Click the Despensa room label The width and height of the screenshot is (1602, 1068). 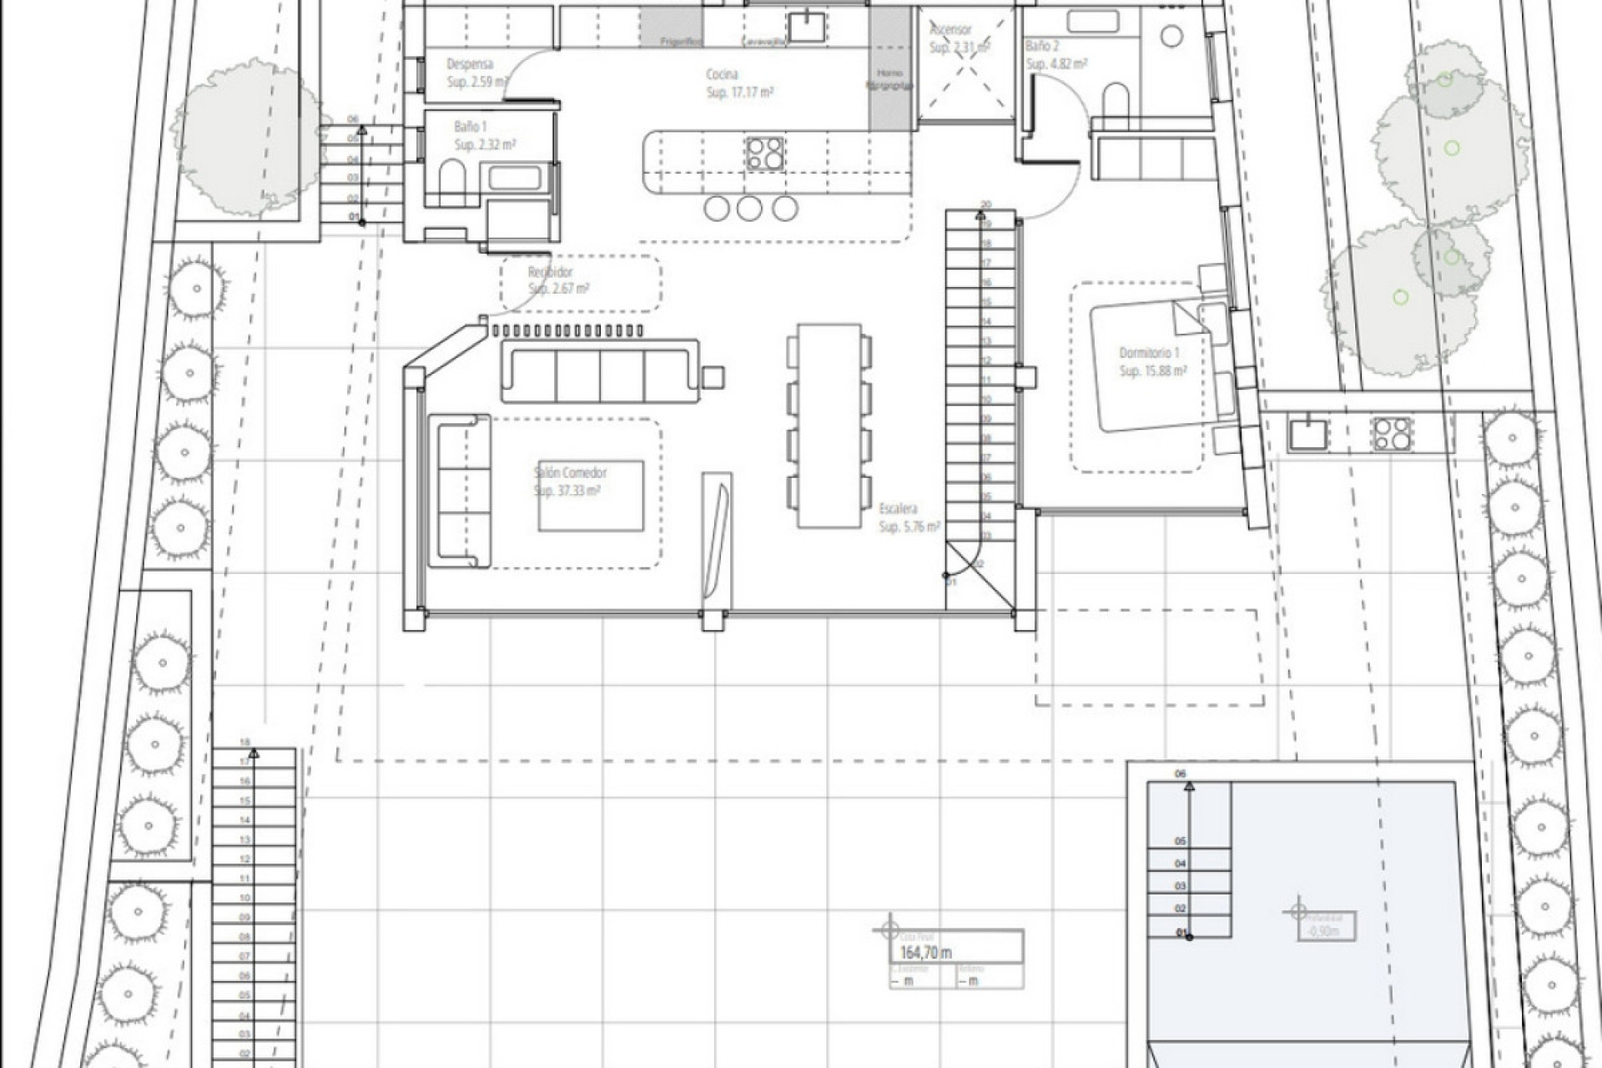pos(470,64)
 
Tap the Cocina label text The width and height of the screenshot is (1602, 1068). pos(722,75)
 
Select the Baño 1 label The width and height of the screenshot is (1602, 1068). pos(470,127)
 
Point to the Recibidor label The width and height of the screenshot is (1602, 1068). pos(551,273)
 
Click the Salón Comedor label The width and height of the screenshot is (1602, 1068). pos(571,473)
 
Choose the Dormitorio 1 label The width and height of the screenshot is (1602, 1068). pos(1149,354)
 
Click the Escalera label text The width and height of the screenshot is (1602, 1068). pos(899,508)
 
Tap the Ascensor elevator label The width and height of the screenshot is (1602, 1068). pos(951,29)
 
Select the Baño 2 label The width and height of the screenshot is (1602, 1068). pos(1042,47)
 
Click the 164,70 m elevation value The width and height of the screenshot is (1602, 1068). pos(925,953)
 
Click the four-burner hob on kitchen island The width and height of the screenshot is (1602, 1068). pos(764,154)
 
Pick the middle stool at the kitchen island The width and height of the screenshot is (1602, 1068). pos(749,209)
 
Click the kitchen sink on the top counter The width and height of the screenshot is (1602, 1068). pos(807,26)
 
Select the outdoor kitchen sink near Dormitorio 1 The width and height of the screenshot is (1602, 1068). pos(1307,434)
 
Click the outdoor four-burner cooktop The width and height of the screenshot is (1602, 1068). pos(1392,433)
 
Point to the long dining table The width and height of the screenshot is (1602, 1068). pos(829,426)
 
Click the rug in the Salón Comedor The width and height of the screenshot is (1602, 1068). pos(591,495)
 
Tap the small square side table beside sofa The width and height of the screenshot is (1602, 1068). pos(713,377)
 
